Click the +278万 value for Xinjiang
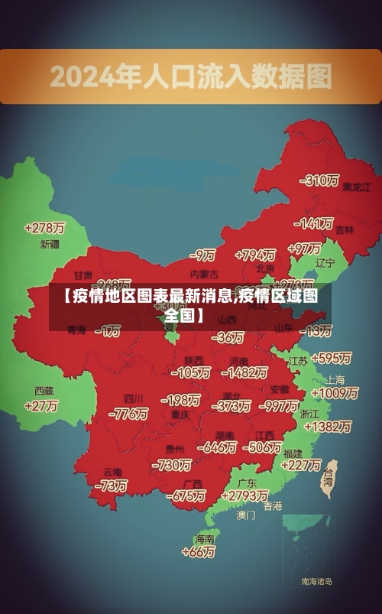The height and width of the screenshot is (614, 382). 44,228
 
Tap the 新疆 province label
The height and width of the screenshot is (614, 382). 50,245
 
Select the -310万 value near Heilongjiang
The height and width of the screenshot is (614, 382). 321,180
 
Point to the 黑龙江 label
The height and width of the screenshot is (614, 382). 356,186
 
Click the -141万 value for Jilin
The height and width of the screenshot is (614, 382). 316,224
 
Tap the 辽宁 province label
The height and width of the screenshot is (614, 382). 325,263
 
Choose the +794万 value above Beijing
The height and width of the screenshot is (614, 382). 255,254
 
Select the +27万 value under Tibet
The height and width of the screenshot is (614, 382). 41,406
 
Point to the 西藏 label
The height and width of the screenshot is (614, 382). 44,390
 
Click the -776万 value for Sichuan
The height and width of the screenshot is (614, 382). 128,414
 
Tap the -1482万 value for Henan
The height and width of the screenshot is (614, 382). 244,372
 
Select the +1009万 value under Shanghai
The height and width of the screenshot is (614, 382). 335,393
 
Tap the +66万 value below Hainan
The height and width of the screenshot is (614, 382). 201,552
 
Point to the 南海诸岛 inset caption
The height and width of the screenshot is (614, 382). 316,581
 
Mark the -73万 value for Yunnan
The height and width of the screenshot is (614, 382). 111,486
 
